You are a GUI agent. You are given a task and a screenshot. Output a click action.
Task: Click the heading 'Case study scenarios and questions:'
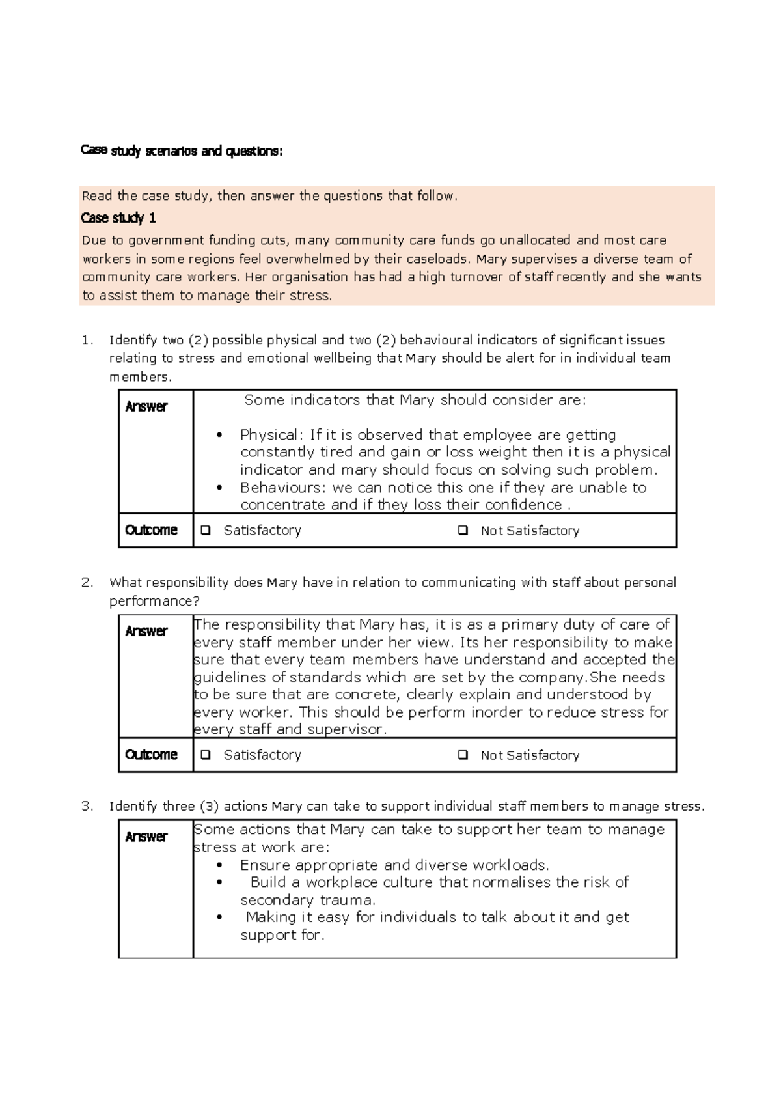[182, 151]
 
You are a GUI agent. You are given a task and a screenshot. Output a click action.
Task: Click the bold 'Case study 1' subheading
[118, 217]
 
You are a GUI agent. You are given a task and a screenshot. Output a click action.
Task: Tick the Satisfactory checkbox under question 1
[206, 531]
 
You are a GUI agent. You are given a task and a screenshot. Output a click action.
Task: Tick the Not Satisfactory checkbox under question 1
[463, 531]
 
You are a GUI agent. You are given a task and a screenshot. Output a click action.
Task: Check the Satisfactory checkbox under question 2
[206, 755]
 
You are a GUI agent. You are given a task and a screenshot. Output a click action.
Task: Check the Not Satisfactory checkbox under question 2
[463, 755]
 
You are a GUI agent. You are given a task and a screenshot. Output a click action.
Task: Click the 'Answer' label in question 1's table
[146, 407]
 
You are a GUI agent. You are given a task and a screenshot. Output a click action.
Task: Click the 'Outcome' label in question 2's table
[151, 755]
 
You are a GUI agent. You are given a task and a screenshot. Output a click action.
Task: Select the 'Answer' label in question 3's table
[146, 837]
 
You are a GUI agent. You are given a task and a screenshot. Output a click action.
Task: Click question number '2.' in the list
[87, 583]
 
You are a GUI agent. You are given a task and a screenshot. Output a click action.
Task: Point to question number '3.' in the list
[87, 807]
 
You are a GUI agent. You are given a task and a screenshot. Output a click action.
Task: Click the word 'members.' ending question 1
[140, 377]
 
